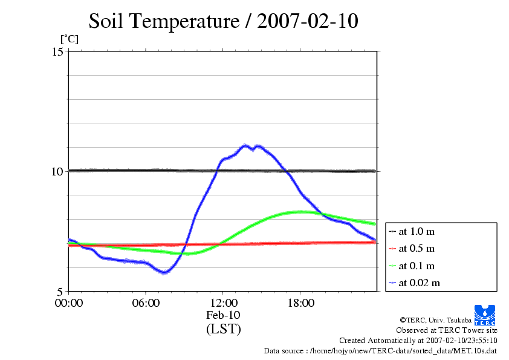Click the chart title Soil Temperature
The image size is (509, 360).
[x=163, y=22]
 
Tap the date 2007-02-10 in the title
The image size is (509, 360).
[x=308, y=22]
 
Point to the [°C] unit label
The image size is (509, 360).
[x=69, y=39]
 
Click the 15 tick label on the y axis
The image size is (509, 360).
[x=57, y=52]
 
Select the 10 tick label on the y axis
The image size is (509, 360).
[x=57, y=171]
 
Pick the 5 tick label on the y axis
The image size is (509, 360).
[x=60, y=291]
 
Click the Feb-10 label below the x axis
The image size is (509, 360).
[x=223, y=316]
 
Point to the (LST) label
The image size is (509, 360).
[x=223, y=330]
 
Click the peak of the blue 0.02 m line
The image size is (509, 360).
[x=245, y=145]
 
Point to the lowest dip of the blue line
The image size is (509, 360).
[x=163, y=273]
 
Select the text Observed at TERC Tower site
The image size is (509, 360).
[x=446, y=330]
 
